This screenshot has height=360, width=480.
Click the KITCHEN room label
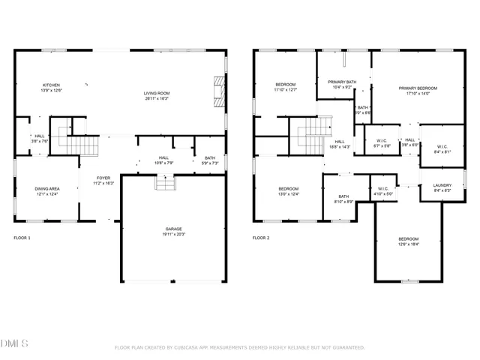tap(51, 85)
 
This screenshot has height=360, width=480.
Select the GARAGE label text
tap(174, 229)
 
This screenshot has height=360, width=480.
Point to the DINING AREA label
tap(47, 188)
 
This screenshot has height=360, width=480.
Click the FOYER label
tap(103, 178)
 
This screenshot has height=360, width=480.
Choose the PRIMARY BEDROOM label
tap(418, 88)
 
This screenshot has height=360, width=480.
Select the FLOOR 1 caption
tap(22, 238)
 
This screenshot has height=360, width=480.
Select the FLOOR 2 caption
tap(260, 238)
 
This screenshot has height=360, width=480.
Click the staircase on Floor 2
tap(312, 136)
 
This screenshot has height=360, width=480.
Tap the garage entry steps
tap(165, 182)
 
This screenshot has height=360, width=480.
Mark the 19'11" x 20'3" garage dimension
tap(174, 234)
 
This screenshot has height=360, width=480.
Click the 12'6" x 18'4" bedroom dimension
tap(409, 244)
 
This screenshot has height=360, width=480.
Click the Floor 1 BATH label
tap(209, 157)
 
